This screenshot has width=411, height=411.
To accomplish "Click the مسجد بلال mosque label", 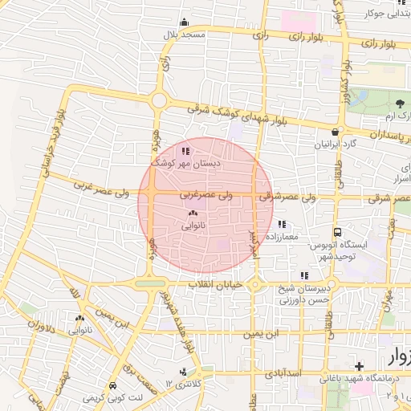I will click(x=185, y=35).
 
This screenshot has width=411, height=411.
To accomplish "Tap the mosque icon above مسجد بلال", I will click(x=185, y=22).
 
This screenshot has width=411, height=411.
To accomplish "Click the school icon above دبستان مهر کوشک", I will click(x=185, y=150).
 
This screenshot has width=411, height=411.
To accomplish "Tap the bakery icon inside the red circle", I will click(x=192, y=214).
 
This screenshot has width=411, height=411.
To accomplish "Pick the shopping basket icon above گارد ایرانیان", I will click(x=335, y=132).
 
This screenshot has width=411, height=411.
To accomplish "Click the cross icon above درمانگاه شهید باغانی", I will click(x=360, y=365).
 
